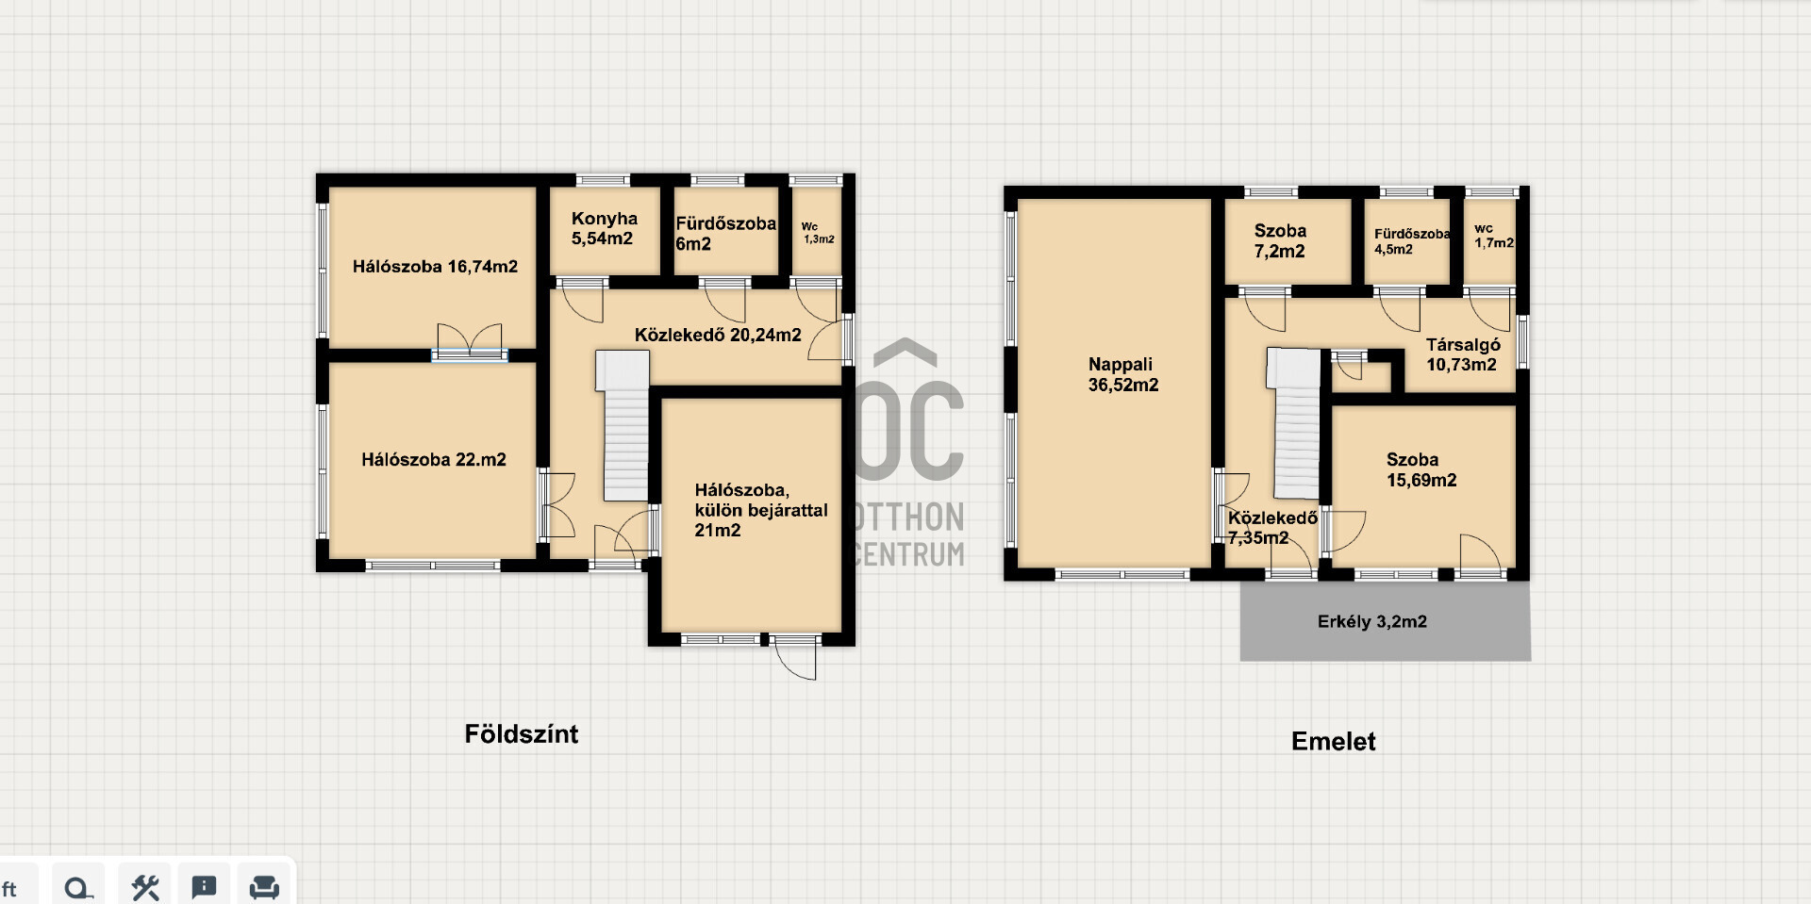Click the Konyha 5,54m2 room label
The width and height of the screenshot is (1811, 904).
pyautogui.click(x=604, y=229)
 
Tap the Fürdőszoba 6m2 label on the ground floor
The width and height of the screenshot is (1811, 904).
pyautogui.click(x=725, y=234)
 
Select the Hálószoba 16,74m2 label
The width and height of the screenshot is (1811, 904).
pyautogui.click(x=435, y=267)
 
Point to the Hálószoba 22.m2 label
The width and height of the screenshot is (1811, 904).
pyautogui.click(x=434, y=460)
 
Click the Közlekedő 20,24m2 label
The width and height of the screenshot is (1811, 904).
pyautogui.click(x=718, y=335)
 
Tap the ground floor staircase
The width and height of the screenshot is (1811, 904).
pyautogui.click(x=624, y=425)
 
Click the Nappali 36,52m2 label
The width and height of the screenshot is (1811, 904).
pyautogui.click(x=1122, y=374)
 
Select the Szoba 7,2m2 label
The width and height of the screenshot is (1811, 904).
pyautogui.click(x=1280, y=240)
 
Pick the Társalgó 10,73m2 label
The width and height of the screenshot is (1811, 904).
pyautogui.click(x=1462, y=354)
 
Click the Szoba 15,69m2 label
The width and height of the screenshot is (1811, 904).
pyautogui.click(x=1421, y=469)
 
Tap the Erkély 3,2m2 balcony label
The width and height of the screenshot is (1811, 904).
pyautogui.click(x=1371, y=622)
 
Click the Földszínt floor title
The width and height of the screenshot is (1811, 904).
pyautogui.click(x=522, y=734)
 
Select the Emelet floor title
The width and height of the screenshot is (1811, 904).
pyautogui.click(x=1333, y=742)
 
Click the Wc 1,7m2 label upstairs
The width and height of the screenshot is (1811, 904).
pyautogui.click(x=1494, y=236)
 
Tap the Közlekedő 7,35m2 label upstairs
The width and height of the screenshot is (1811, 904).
pyautogui.click(x=1271, y=528)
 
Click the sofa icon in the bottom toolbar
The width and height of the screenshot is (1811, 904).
pyautogui.click(x=264, y=887)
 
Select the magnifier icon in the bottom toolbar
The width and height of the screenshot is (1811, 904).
pyautogui.click(x=79, y=888)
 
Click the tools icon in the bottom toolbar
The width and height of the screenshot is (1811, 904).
pyautogui.click(x=145, y=887)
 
